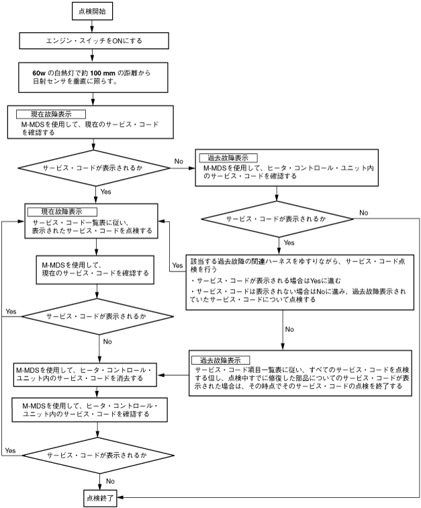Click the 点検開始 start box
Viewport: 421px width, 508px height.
(x=92, y=11)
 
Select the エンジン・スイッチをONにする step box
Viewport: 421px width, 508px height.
(x=94, y=41)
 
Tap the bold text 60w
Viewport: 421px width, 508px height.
(x=39, y=73)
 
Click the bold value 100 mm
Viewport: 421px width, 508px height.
(x=103, y=73)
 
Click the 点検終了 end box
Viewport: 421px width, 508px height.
(x=100, y=498)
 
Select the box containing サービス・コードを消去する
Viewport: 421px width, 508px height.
(x=85, y=374)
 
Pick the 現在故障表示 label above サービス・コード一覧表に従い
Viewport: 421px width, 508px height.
(x=62, y=212)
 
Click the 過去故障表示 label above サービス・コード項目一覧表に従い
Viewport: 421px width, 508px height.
(x=220, y=360)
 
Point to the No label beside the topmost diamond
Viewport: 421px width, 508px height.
(x=179, y=161)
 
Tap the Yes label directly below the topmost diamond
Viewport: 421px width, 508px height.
(x=106, y=192)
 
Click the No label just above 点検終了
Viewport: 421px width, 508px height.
(x=110, y=481)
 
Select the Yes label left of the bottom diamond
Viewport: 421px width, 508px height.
(x=10, y=451)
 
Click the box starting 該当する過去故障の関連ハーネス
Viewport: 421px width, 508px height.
(x=300, y=282)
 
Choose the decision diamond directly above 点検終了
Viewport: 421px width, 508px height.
(x=98, y=455)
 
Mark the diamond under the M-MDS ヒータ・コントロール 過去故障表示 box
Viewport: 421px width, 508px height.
(x=277, y=219)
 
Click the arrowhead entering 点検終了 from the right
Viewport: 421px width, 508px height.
(x=119, y=497)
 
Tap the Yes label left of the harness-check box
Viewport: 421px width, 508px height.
(x=177, y=265)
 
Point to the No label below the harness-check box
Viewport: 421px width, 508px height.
(x=289, y=329)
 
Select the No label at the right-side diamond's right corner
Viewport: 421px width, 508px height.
(x=364, y=213)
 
